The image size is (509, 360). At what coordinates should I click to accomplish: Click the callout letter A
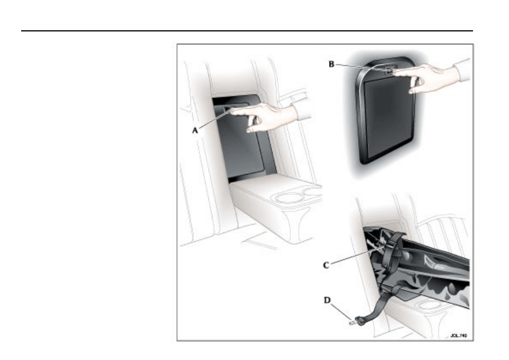[195, 130]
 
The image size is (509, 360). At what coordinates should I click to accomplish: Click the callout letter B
[331, 64]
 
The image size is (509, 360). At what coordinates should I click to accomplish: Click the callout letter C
[326, 265]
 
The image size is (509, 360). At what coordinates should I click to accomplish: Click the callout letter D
[327, 300]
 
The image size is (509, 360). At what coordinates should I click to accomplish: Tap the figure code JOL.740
[459, 335]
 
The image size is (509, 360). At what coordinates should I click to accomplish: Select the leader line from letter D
[341, 311]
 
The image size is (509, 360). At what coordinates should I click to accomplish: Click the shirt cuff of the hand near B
[462, 70]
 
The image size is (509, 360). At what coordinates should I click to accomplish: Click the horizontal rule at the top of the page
[247, 31]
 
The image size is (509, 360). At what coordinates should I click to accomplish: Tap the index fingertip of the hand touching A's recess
[233, 111]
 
